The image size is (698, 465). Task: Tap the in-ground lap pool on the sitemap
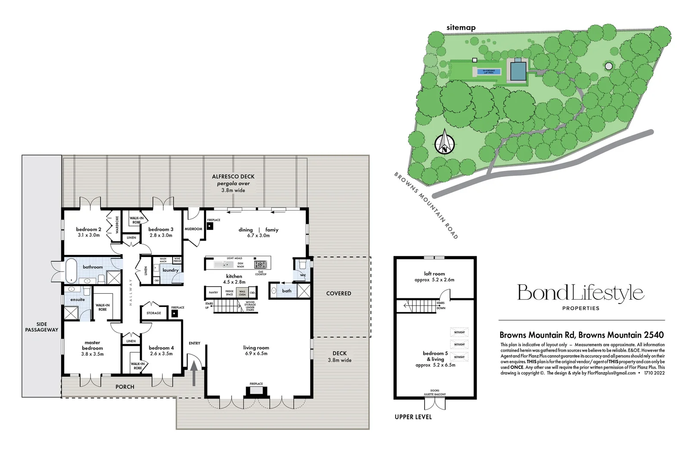(488, 71)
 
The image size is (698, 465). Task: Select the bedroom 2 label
(88, 229)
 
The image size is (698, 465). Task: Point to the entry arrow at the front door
(194, 372)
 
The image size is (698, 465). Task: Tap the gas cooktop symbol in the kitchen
(260, 264)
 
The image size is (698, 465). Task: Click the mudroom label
(193, 229)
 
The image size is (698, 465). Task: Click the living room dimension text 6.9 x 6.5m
(256, 353)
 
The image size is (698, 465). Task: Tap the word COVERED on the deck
(338, 293)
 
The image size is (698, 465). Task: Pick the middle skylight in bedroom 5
(459, 344)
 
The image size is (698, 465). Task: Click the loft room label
(434, 274)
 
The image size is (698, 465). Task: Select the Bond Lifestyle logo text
(580, 293)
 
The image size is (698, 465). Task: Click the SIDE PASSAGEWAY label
(42, 327)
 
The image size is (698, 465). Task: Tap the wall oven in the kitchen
(242, 293)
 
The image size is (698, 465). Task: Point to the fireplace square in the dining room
(210, 226)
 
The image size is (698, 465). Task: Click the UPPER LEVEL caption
(413, 417)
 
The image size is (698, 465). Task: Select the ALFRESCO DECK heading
(233, 177)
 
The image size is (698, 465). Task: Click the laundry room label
(171, 270)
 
